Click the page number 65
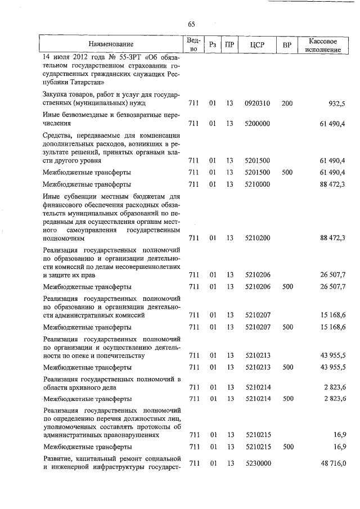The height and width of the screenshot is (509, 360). [192, 24]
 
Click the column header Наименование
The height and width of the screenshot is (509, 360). [111, 44]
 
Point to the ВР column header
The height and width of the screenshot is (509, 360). [287, 44]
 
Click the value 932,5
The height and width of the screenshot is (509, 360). [336, 103]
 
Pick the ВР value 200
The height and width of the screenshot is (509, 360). [287, 103]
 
